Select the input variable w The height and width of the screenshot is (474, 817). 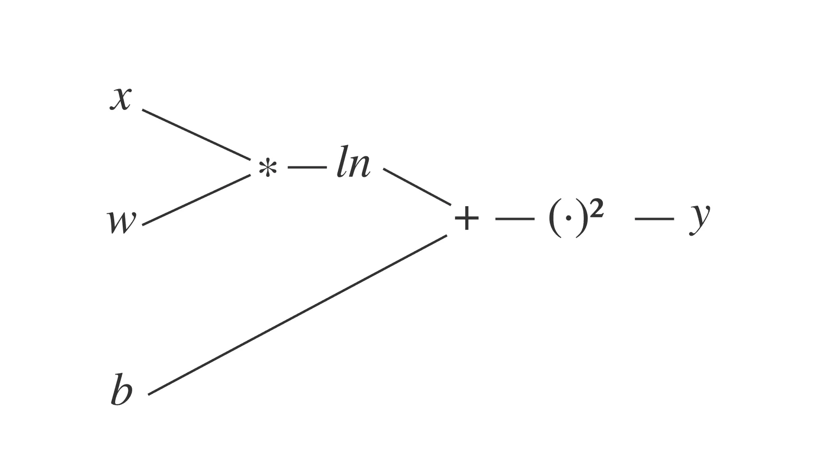pos(122,222)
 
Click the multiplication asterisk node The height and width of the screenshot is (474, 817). pos(267,168)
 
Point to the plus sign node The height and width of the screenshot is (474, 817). pos(467,219)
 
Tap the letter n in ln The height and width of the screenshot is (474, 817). pos(359,167)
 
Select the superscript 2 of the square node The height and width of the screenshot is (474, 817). pos(597,209)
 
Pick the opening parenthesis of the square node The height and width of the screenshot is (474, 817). pos(554,220)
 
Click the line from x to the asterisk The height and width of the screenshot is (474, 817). pos(196,135)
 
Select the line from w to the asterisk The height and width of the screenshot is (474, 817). pos(196,200)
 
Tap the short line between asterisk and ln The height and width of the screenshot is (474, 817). pos(307,167)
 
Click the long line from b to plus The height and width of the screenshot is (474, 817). pos(298,315)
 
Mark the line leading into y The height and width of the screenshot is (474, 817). pos(654,219)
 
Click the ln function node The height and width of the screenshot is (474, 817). pos(353,164)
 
